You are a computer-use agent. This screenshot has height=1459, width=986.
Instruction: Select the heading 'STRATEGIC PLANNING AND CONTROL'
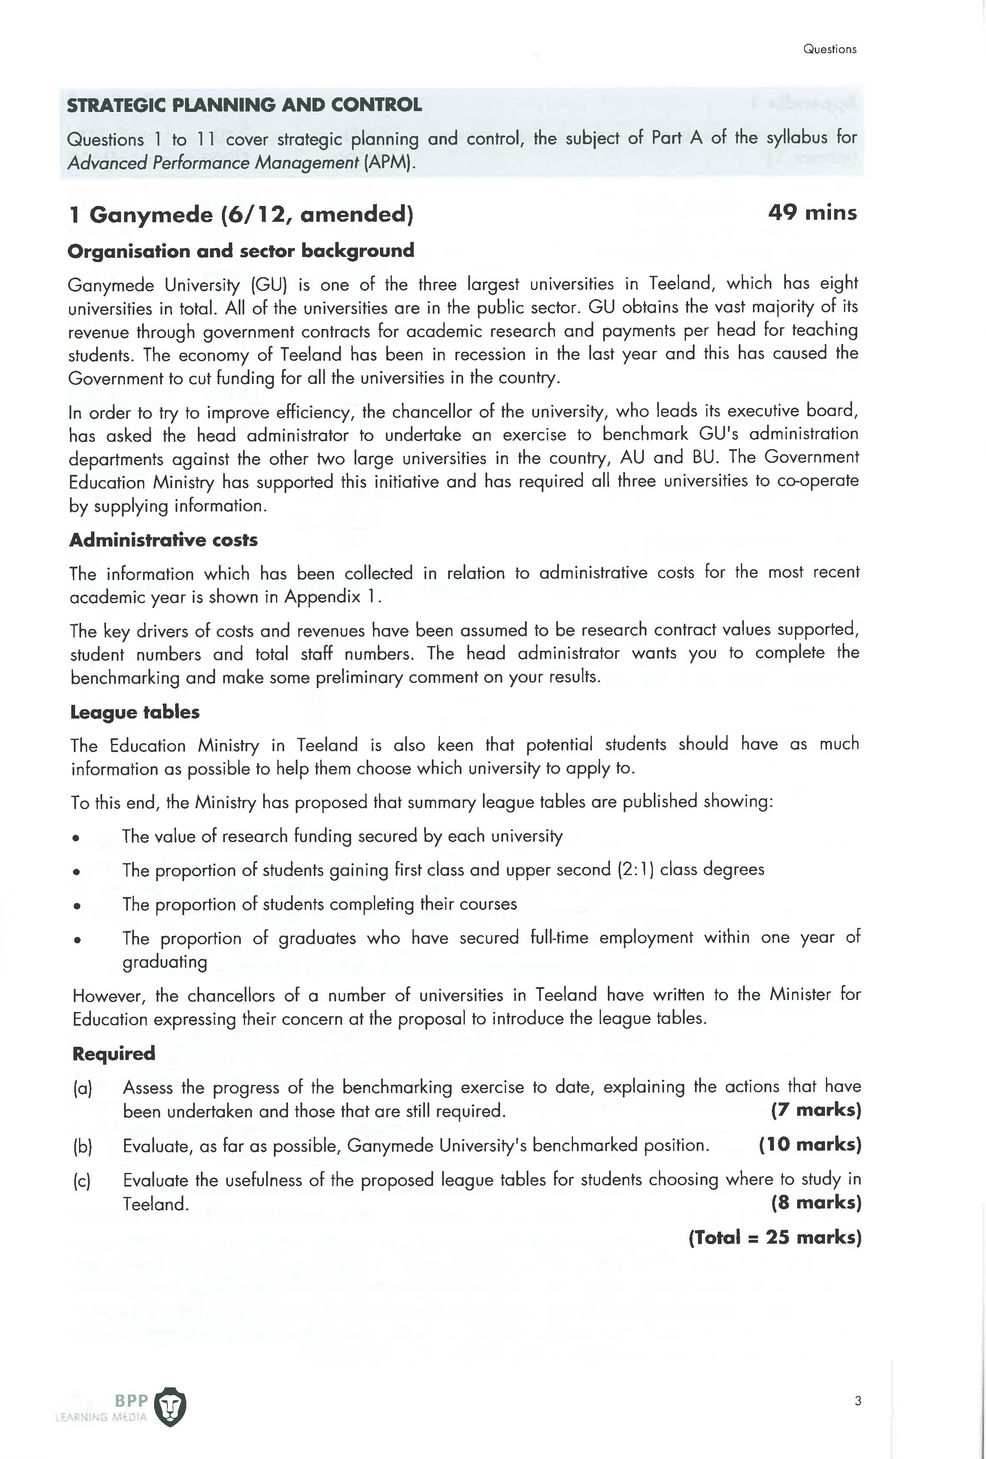point(244,105)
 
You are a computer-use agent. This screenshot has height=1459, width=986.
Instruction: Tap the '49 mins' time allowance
point(812,212)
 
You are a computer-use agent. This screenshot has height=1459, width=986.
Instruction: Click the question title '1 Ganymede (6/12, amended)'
point(241,214)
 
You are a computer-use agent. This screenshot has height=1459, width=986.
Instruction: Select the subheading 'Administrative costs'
point(163,540)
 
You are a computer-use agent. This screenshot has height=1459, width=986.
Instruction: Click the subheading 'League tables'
point(135,712)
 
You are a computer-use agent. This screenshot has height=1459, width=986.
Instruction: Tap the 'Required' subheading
point(114,1054)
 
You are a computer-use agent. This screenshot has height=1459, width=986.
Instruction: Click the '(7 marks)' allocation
point(816,1110)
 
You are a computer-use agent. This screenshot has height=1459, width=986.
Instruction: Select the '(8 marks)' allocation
point(816,1203)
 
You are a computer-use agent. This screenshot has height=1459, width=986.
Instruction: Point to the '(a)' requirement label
point(82,1088)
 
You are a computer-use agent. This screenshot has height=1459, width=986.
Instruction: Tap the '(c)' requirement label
point(82,1181)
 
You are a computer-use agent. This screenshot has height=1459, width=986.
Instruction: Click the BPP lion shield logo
point(170,1407)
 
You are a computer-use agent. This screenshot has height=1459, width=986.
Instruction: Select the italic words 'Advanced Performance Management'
point(213,163)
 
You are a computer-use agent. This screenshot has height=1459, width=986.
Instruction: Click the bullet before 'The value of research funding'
point(76,837)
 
